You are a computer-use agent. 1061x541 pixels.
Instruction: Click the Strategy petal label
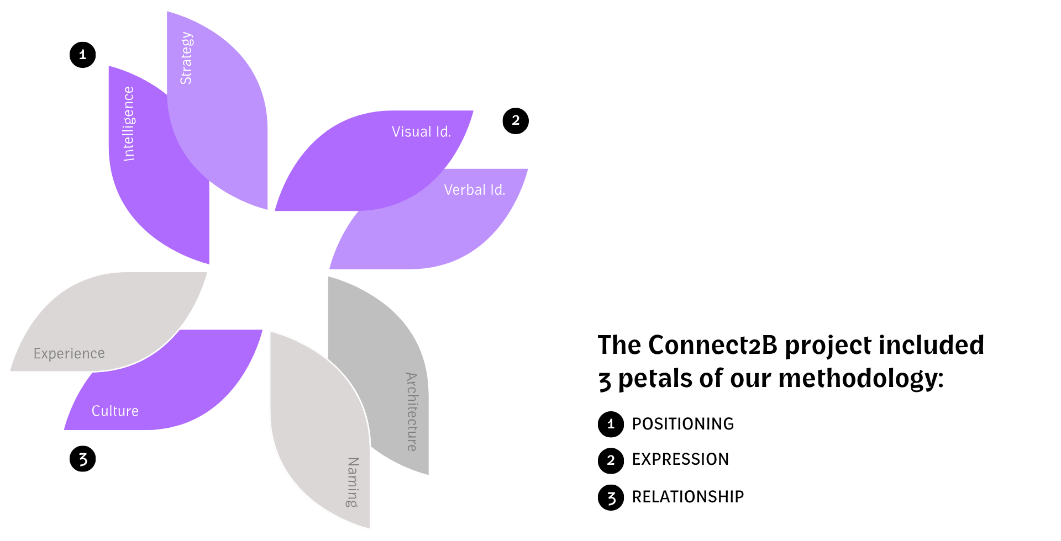tap(187, 59)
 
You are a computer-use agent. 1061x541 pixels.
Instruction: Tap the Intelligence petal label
tap(129, 124)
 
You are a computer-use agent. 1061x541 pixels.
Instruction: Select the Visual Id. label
tap(421, 132)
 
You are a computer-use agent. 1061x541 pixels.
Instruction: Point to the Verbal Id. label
tap(474, 190)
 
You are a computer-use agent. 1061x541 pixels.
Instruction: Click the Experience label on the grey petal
tap(69, 353)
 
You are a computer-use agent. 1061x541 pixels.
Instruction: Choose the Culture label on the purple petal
tap(115, 411)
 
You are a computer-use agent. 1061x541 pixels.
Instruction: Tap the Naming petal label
tap(353, 482)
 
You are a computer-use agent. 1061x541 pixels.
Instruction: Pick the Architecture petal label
tap(412, 412)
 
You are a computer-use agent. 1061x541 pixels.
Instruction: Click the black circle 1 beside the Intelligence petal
tap(83, 55)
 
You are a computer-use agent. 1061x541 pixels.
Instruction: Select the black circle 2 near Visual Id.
tap(516, 121)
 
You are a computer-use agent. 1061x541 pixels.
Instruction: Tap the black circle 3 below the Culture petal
tap(83, 459)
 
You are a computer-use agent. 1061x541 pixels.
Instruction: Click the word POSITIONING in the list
tap(682, 424)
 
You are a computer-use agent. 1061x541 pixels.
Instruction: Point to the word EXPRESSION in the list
tap(680, 459)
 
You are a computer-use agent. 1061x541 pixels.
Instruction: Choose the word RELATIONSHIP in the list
tap(687, 497)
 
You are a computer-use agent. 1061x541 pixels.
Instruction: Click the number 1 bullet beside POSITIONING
tap(611, 424)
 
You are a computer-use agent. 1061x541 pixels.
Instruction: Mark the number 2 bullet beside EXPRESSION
tap(611, 460)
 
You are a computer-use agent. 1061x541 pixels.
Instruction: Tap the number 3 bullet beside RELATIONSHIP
tap(611, 497)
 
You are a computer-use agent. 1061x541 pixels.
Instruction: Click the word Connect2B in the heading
tap(713, 346)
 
